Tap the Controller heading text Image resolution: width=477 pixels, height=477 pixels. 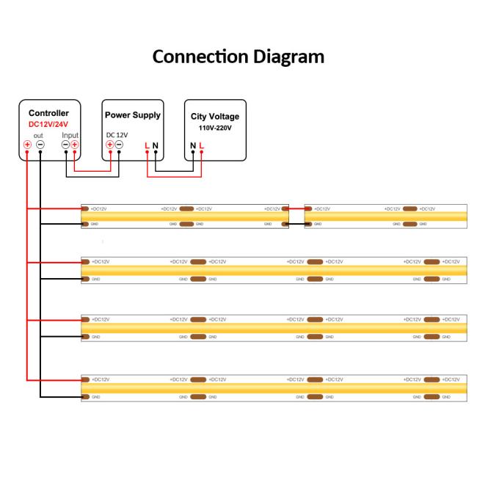click(48, 113)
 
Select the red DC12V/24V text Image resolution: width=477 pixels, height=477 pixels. click(48, 124)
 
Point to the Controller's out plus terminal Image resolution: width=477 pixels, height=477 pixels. click(27, 145)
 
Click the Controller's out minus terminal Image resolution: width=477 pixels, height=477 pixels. click(40, 145)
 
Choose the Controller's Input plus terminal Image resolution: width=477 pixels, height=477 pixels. click(75, 145)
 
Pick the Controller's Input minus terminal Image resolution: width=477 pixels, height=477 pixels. click(65, 145)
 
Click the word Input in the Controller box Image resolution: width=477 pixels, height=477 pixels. click(70, 135)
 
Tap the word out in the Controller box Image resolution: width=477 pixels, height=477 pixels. click(39, 135)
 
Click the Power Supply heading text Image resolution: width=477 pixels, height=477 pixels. click(133, 115)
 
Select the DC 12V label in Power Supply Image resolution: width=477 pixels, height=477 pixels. click(117, 134)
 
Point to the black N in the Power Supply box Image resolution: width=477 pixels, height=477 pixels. click(156, 145)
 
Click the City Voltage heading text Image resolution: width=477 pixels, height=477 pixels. click(215, 117)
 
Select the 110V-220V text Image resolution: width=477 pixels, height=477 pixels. click(215, 128)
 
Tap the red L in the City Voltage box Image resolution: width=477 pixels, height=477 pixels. click(201, 145)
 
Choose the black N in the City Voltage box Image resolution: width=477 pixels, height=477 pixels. click(193, 145)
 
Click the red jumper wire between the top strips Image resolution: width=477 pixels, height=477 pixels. click(296, 208)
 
